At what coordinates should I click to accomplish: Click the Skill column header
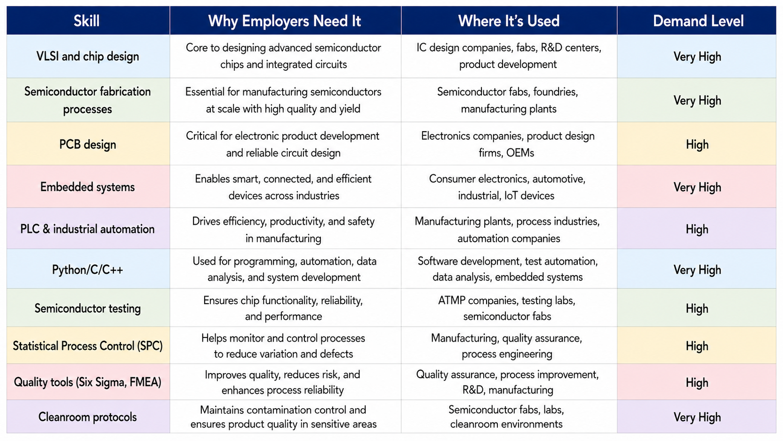pyautogui.click(x=86, y=21)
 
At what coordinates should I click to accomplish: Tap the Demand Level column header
pyautogui.click(x=698, y=21)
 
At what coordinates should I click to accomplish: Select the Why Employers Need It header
pyautogui.click(x=285, y=21)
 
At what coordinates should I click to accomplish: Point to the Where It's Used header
pyautogui.click(x=509, y=21)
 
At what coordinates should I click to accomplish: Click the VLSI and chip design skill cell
pyautogui.click(x=88, y=56)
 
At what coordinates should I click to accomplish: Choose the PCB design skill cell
pyautogui.click(x=88, y=144)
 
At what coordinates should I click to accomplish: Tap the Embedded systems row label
pyautogui.click(x=88, y=187)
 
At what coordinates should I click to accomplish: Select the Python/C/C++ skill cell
pyautogui.click(x=88, y=269)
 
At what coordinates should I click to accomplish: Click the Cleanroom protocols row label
pyautogui.click(x=88, y=417)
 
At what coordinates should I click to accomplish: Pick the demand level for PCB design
pyautogui.click(x=697, y=144)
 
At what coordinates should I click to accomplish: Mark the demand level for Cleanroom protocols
pyautogui.click(x=697, y=417)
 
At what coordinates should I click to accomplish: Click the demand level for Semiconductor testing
pyautogui.click(x=697, y=308)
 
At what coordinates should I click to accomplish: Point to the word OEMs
pyautogui.click(x=520, y=153)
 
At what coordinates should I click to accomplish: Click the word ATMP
pyautogui.click(x=452, y=300)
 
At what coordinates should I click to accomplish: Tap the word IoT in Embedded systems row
pyautogui.click(x=511, y=195)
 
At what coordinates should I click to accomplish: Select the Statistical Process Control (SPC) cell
pyautogui.click(x=88, y=346)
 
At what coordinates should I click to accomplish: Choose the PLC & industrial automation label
pyautogui.click(x=88, y=229)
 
